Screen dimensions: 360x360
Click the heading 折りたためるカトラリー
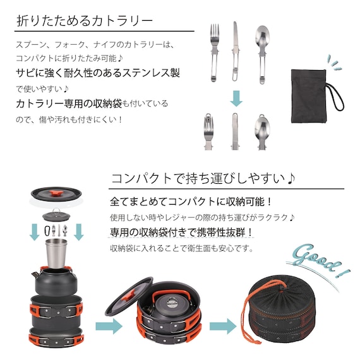click(x=85, y=20)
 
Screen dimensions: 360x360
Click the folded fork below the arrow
click(x=208, y=131)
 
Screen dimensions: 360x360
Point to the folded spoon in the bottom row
click(x=261, y=131)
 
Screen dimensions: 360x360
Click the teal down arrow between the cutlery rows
click(x=236, y=98)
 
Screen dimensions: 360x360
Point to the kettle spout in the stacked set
click(x=36, y=273)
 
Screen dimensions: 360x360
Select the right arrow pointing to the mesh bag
click(x=221, y=327)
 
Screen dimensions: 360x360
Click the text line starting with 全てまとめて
click(x=190, y=202)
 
